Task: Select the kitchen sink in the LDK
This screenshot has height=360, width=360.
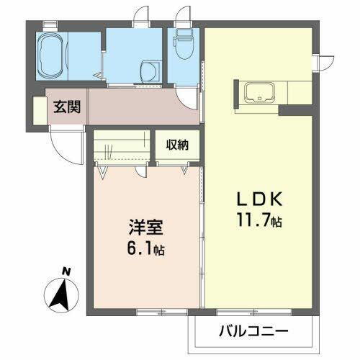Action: pos(258,94)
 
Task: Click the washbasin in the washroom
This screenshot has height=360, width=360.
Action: pos(148,70)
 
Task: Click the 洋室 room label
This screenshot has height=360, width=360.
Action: pos(145,229)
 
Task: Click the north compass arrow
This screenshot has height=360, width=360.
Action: pos(62,292)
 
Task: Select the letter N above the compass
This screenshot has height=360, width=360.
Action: pos(66,271)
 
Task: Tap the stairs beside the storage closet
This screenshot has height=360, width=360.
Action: pos(123,148)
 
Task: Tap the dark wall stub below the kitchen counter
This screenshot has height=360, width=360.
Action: pos(297,111)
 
